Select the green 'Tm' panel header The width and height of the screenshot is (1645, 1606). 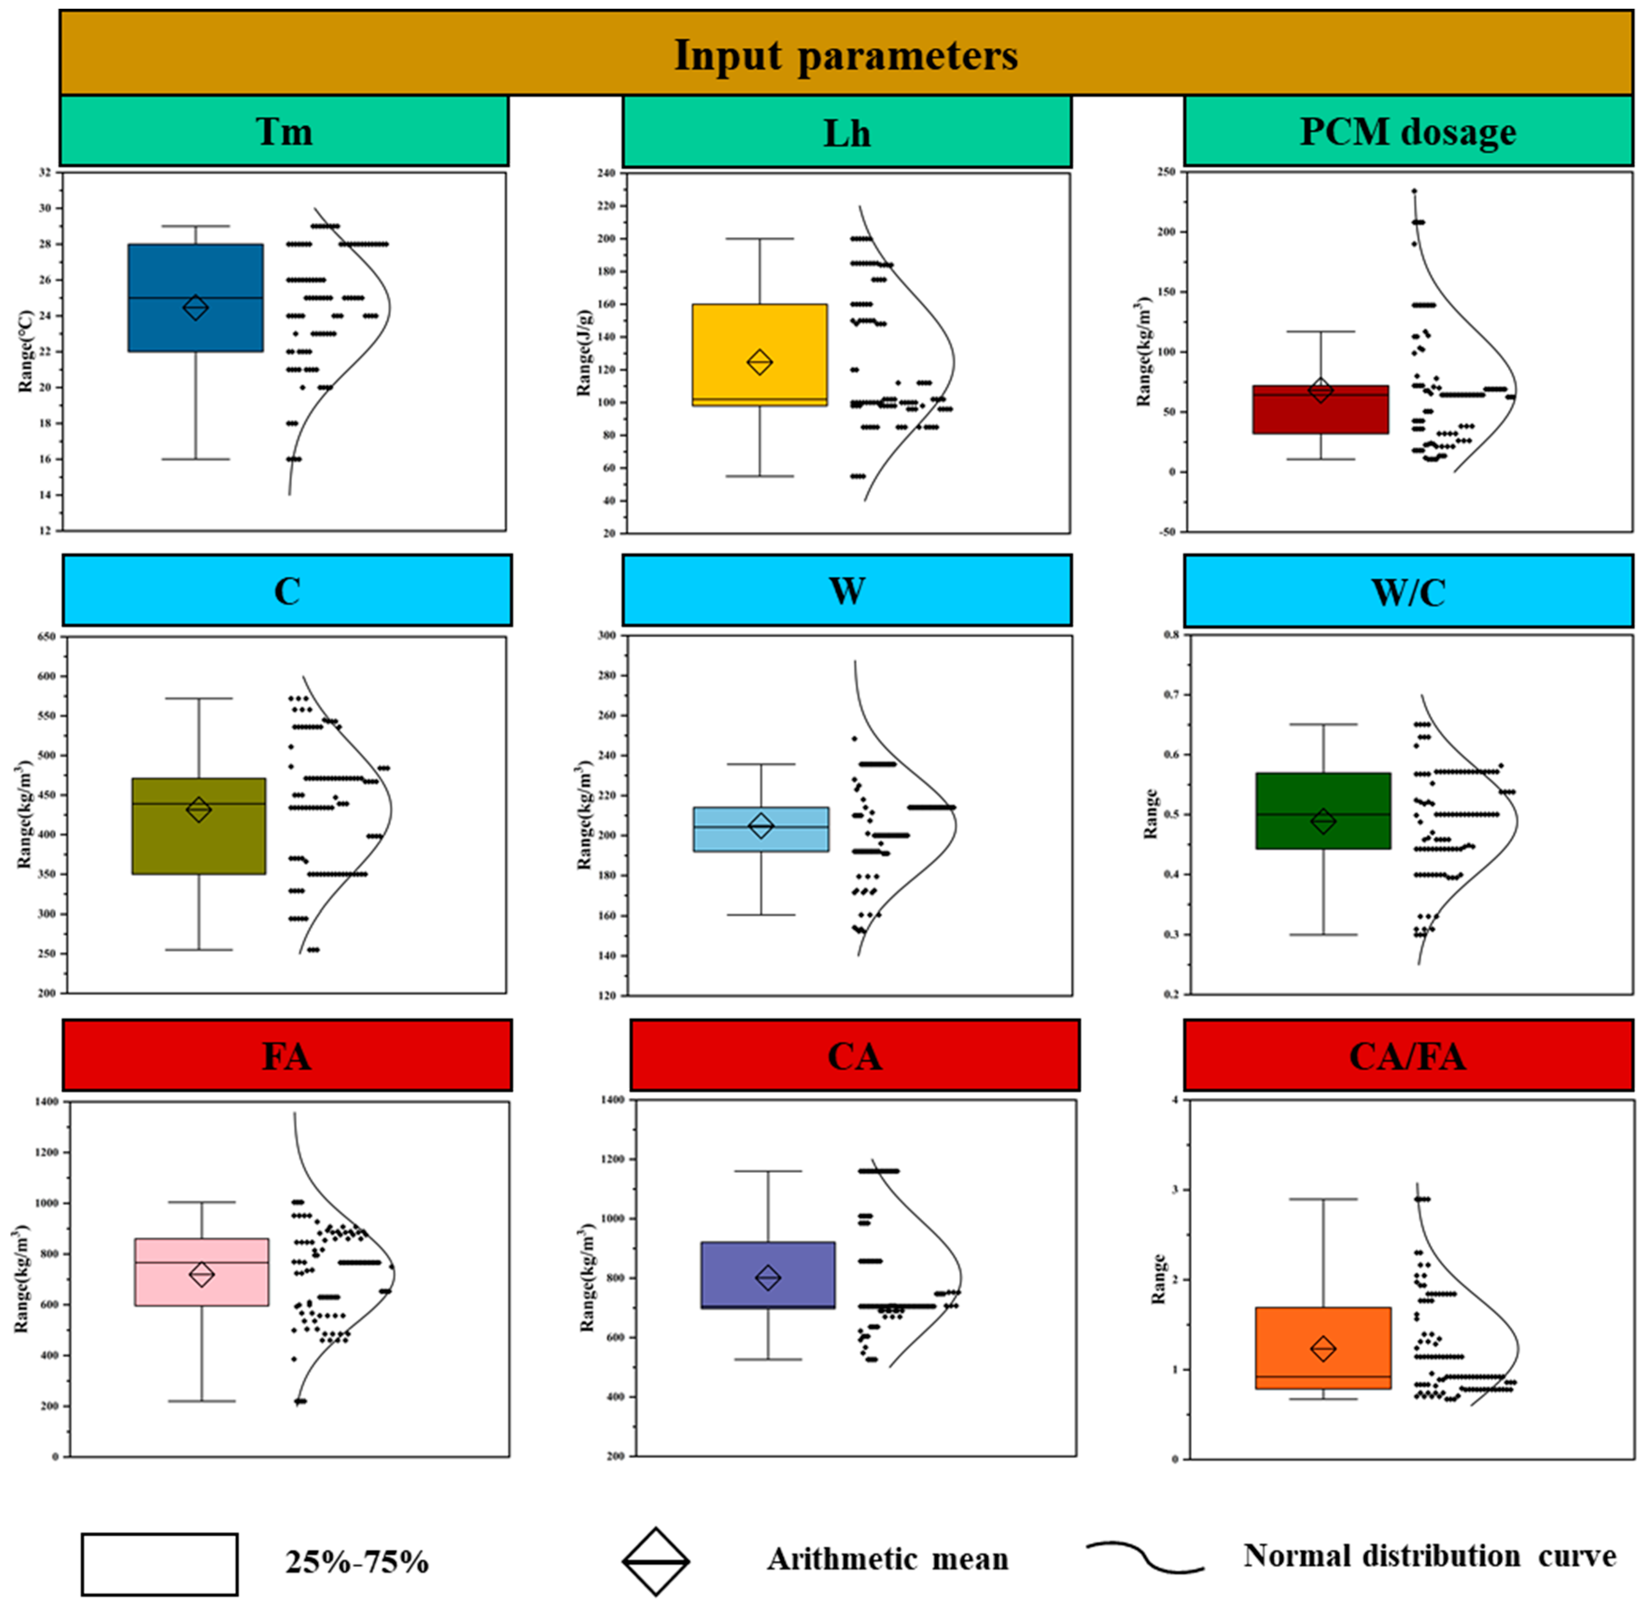(284, 131)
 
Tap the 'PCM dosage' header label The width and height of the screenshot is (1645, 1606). (1407, 131)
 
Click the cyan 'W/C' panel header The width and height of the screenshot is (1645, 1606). (1407, 591)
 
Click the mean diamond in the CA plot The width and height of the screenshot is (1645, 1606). (768, 1278)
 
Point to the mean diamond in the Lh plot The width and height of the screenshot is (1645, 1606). (759, 362)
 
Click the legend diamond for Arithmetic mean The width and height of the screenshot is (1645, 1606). (655, 1561)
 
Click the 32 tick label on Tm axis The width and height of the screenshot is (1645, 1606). (45, 173)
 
